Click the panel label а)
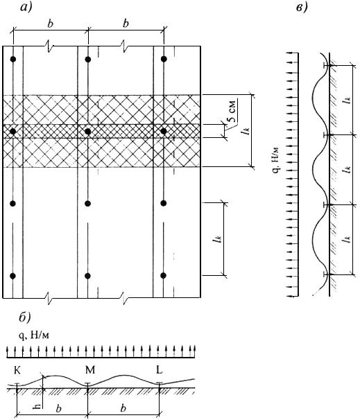click(x=26, y=7)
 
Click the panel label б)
click(x=25, y=317)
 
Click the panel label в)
click(x=302, y=7)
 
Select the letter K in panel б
click(x=17, y=371)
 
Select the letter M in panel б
click(x=90, y=370)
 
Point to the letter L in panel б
click(x=160, y=370)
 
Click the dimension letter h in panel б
click(x=38, y=407)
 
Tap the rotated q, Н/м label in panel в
click(x=276, y=160)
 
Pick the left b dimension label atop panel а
click(x=50, y=24)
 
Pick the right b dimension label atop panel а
click(x=126, y=24)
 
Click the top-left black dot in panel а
click(x=13, y=59)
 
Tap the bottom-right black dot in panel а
click(x=163, y=275)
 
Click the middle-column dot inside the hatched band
click(x=87, y=131)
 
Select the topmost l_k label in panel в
click(x=348, y=100)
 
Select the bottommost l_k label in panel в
click(x=348, y=238)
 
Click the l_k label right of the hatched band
click(x=246, y=131)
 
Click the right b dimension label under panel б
click(x=123, y=408)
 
